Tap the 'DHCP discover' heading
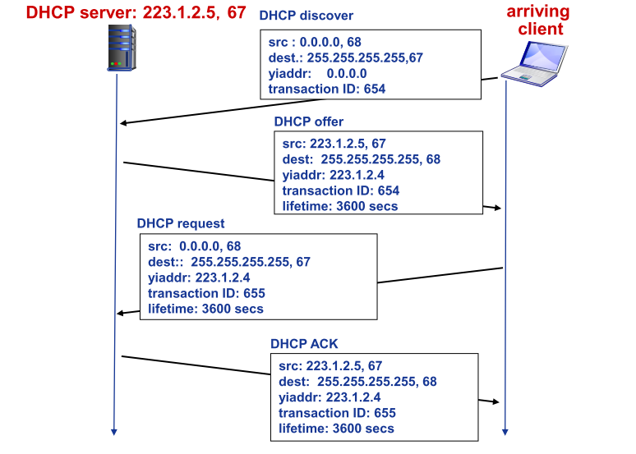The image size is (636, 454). click(x=306, y=16)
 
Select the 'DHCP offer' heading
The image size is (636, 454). click(x=308, y=122)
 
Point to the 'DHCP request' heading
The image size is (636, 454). click(x=180, y=223)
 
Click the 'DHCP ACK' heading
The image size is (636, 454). click(x=304, y=343)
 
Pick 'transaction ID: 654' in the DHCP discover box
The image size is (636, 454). click(x=326, y=89)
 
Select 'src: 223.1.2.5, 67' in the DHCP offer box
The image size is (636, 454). click(x=334, y=143)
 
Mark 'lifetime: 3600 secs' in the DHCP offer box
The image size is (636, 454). click(x=340, y=206)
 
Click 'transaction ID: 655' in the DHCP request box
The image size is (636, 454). click(x=206, y=293)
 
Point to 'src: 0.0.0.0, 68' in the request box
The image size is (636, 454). click(x=195, y=245)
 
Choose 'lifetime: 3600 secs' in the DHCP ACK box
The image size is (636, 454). click(x=336, y=429)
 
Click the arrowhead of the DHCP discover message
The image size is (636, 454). click(x=122, y=123)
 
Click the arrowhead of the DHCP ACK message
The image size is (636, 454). click(x=496, y=401)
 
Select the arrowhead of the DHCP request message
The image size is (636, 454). click(x=121, y=313)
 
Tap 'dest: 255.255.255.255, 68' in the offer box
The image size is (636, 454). click(x=361, y=158)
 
